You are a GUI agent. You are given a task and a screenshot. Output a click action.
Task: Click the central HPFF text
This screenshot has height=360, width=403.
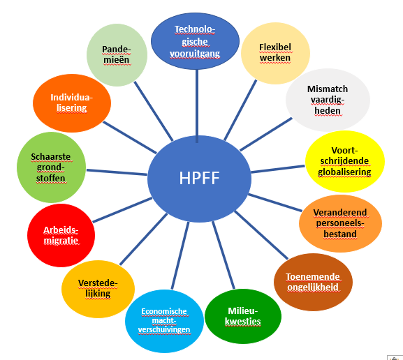coord(199,178)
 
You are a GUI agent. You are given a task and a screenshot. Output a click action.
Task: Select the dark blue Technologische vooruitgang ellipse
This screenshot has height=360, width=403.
coord(195,41)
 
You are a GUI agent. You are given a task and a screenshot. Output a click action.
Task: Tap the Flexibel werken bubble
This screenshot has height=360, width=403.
coord(275,53)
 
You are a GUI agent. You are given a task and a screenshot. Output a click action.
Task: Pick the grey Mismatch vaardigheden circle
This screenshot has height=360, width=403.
coord(328,100)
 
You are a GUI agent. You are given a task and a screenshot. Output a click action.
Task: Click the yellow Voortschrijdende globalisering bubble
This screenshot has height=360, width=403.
coord(344,161)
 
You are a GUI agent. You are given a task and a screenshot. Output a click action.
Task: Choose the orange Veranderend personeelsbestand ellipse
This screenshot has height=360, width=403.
coord(340,223)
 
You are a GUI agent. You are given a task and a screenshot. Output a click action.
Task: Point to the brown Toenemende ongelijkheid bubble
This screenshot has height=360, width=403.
coord(313,282)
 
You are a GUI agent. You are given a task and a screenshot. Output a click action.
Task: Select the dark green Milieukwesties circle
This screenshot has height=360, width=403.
coord(243,316)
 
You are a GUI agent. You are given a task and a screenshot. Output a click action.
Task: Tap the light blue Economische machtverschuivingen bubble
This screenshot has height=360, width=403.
coord(164,321)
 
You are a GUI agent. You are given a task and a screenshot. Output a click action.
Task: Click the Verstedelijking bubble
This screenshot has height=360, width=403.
coord(98,289)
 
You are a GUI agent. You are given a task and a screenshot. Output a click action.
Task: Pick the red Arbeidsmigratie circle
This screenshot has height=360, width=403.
coord(61,235)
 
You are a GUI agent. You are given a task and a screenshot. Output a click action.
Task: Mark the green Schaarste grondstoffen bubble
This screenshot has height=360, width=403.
coord(51,167)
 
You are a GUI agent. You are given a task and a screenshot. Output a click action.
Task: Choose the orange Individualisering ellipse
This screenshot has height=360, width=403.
coord(72,103)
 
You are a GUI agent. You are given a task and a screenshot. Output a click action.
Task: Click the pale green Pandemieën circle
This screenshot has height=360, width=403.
coord(117,55)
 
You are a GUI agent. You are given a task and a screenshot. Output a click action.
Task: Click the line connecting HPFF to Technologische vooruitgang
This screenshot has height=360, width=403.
coord(197,106)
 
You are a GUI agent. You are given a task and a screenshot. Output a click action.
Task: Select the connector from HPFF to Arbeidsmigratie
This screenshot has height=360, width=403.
coord(122,210)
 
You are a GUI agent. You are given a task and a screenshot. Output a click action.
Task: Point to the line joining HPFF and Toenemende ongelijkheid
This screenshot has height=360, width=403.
coord(261,235)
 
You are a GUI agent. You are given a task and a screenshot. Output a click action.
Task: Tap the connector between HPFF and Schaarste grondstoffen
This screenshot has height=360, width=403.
coord(117,172)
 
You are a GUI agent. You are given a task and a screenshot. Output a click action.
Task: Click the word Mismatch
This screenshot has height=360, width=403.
coord(328,89)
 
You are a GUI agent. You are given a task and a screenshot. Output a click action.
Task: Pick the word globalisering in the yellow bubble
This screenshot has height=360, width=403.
coord(344,172)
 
